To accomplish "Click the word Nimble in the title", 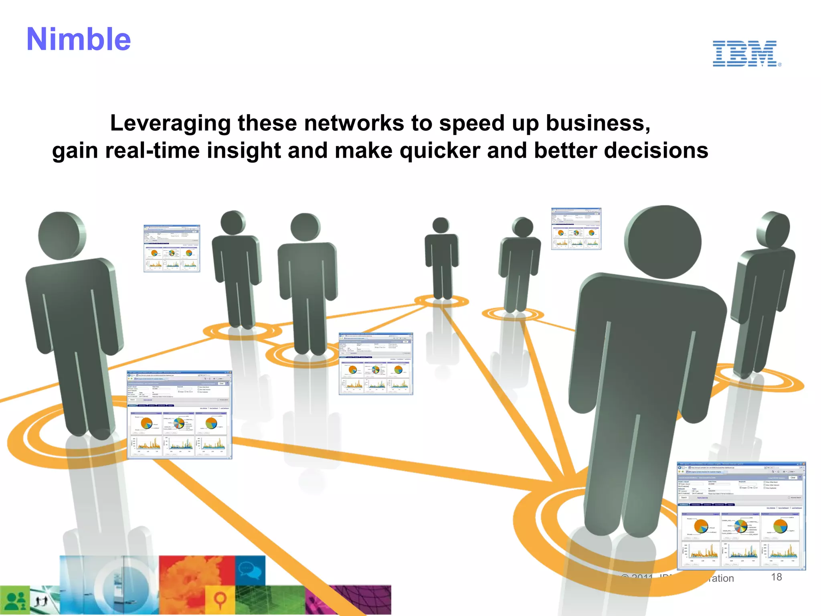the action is point(79,40).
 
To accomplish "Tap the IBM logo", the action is point(746,53).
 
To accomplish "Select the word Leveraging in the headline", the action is point(170,123).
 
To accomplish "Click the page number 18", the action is point(777,577).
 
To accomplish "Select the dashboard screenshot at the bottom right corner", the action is point(741,516).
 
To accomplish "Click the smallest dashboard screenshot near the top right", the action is point(576,229).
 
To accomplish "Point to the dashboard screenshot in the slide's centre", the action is point(376,364).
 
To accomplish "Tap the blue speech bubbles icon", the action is point(250,570).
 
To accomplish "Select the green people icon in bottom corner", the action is point(15,600).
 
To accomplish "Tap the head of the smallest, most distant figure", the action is point(441,225).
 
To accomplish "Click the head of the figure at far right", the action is point(776,229).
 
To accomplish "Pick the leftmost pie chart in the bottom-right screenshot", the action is point(701,526).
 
